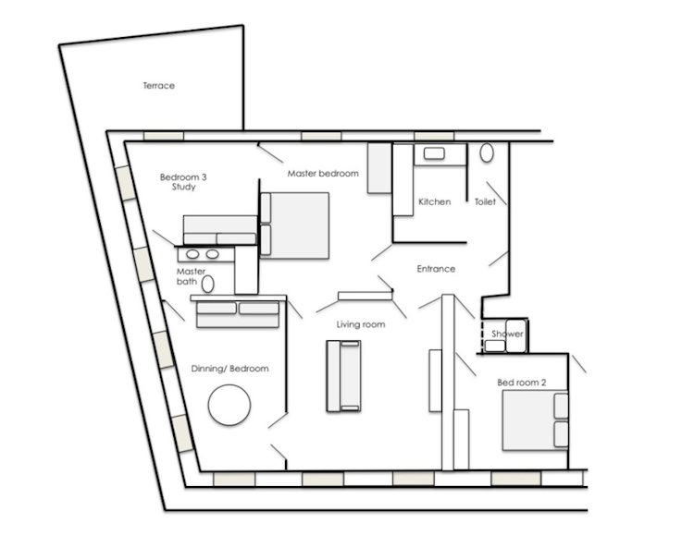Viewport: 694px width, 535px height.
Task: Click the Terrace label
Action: (x=159, y=86)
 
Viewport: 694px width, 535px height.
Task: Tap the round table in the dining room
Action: (x=229, y=405)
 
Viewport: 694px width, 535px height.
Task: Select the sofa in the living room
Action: (x=344, y=376)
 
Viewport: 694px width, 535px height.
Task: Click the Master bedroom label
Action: (x=323, y=174)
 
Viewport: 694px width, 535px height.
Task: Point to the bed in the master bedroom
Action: (x=295, y=225)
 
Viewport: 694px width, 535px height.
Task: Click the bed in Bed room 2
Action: (x=535, y=420)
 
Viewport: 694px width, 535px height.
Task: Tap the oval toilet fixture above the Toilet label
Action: (x=487, y=152)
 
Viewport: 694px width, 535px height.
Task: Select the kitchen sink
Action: (x=434, y=153)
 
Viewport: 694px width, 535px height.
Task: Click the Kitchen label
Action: (x=435, y=201)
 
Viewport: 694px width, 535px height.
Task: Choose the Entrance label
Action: (x=436, y=269)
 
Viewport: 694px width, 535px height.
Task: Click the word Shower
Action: (x=507, y=334)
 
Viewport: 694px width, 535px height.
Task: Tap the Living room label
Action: (x=361, y=324)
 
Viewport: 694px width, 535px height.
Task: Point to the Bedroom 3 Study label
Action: (x=183, y=182)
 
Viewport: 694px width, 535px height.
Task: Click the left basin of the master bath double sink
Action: (x=192, y=254)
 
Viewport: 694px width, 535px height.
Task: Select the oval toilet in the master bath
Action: (x=207, y=285)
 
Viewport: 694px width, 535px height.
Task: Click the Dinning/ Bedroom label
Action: (x=229, y=369)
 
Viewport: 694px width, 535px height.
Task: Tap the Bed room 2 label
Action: (x=521, y=383)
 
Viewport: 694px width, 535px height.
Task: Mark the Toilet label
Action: (x=485, y=201)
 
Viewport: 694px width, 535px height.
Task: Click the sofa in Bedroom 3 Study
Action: (x=220, y=230)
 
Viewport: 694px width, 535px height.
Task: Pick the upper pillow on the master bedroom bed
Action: (x=266, y=208)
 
